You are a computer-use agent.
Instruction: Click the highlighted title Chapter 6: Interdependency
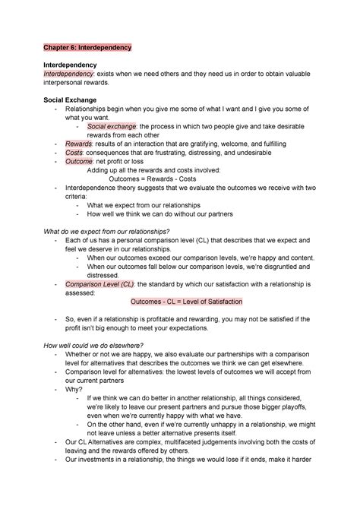[x=87, y=47]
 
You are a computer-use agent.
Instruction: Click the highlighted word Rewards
[x=78, y=142]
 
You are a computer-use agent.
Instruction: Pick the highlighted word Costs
[x=74, y=153]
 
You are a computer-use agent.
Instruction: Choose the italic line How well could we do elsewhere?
[x=100, y=345]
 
